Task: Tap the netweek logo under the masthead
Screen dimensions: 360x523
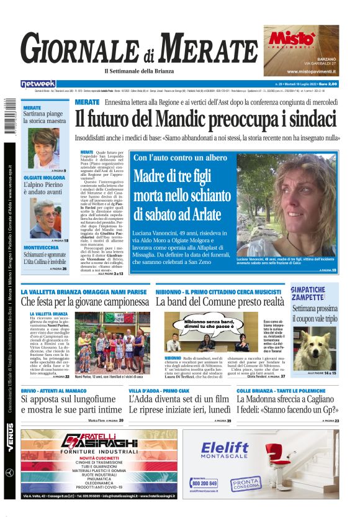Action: click(x=38, y=84)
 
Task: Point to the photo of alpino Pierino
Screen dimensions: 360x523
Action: click(x=45, y=218)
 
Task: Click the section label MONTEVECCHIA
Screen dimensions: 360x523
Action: click(x=42, y=247)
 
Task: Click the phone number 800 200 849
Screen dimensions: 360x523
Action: click(x=205, y=483)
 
